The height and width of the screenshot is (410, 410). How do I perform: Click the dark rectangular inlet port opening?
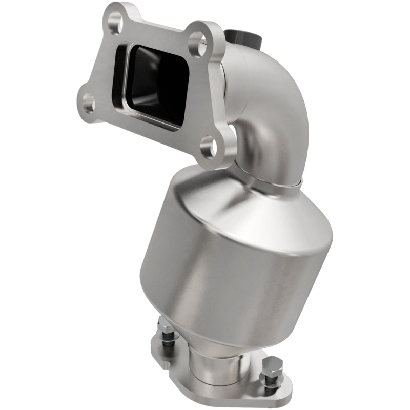pos(154,82)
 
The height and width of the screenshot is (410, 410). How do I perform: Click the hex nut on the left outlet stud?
pos(165,324)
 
